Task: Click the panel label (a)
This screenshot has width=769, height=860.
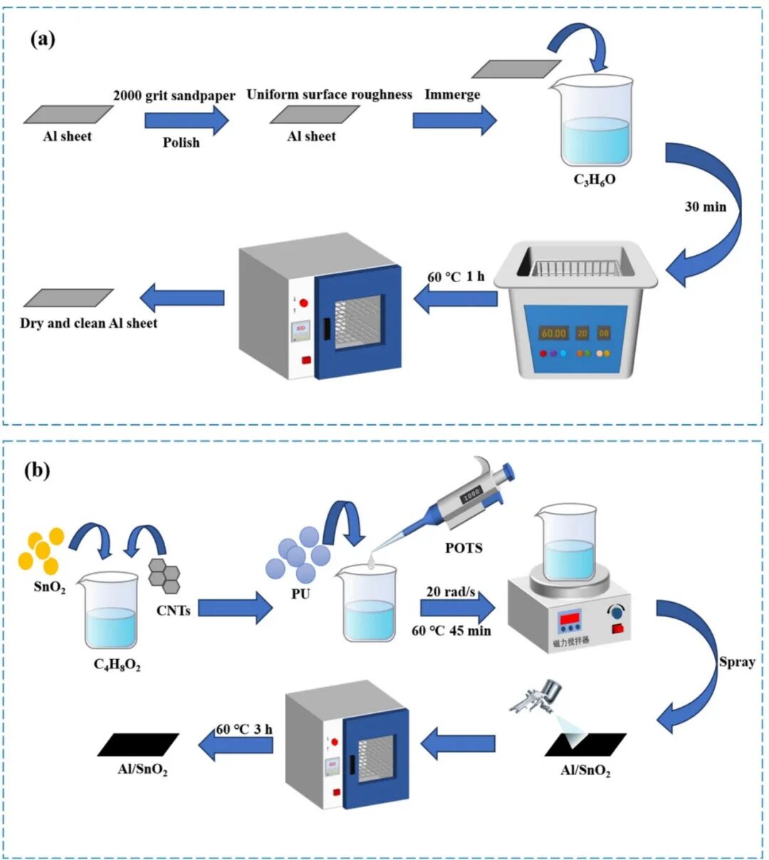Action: [42, 38]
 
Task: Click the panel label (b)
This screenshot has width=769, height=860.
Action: [37, 470]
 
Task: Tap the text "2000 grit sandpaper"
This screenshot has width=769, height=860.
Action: [174, 95]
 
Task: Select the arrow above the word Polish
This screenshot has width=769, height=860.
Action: [187, 120]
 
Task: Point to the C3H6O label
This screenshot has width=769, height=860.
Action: [594, 180]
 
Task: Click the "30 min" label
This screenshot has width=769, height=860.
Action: [705, 207]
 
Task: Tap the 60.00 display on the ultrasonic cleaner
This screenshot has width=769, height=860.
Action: [553, 333]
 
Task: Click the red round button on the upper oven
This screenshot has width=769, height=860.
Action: [303, 303]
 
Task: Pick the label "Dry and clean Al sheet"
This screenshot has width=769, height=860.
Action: [88, 323]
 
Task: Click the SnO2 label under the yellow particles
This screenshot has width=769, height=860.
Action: [50, 588]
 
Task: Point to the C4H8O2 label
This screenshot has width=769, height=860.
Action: [117, 665]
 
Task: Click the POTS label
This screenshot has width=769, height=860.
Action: [464, 548]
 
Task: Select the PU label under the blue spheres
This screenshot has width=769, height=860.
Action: [300, 593]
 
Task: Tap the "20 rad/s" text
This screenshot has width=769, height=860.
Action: [451, 591]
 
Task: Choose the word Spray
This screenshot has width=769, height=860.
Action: [736, 661]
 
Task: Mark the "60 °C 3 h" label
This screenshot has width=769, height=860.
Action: [244, 729]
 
